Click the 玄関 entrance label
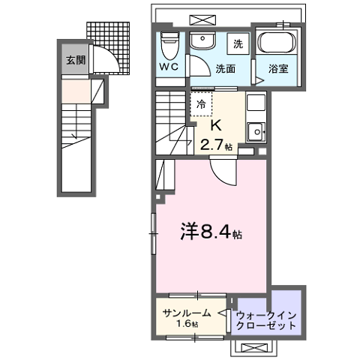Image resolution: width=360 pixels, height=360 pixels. click(x=73, y=61)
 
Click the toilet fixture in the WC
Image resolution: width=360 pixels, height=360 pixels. click(x=169, y=44)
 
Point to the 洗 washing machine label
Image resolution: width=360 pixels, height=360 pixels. click(x=236, y=43)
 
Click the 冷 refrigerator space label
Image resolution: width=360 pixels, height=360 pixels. click(x=202, y=106)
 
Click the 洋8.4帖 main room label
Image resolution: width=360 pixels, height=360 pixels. click(x=209, y=233)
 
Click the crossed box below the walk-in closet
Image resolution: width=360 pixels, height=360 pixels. click(x=255, y=346)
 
